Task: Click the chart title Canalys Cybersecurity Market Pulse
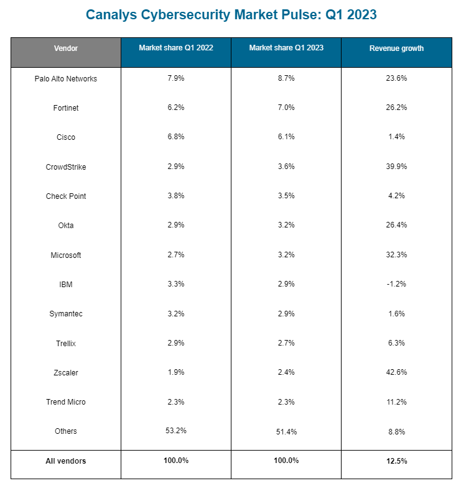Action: (231, 14)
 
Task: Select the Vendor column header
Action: (66, 48)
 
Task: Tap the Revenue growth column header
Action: (396, 48)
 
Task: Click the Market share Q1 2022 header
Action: (176, 48)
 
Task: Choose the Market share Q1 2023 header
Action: (286, 48)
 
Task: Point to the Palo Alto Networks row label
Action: (66, 79)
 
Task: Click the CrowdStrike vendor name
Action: (66, 167)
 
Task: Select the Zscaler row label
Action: (66, 373)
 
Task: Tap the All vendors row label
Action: (66, 461)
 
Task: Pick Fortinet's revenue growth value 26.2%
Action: (396, 108)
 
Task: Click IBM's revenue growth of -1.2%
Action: (396, 284)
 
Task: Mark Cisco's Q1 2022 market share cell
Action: (176, 137)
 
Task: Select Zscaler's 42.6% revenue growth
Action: (396, 372)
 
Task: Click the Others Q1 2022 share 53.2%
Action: (176, 431)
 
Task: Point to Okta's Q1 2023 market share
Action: (286, 225)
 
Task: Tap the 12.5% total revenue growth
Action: (396, 461)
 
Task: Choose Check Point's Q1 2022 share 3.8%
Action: (176, 196)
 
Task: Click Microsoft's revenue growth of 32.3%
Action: (396, 255)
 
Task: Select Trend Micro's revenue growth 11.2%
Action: (396, 402)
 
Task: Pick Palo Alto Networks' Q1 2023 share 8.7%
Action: (286, 78)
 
